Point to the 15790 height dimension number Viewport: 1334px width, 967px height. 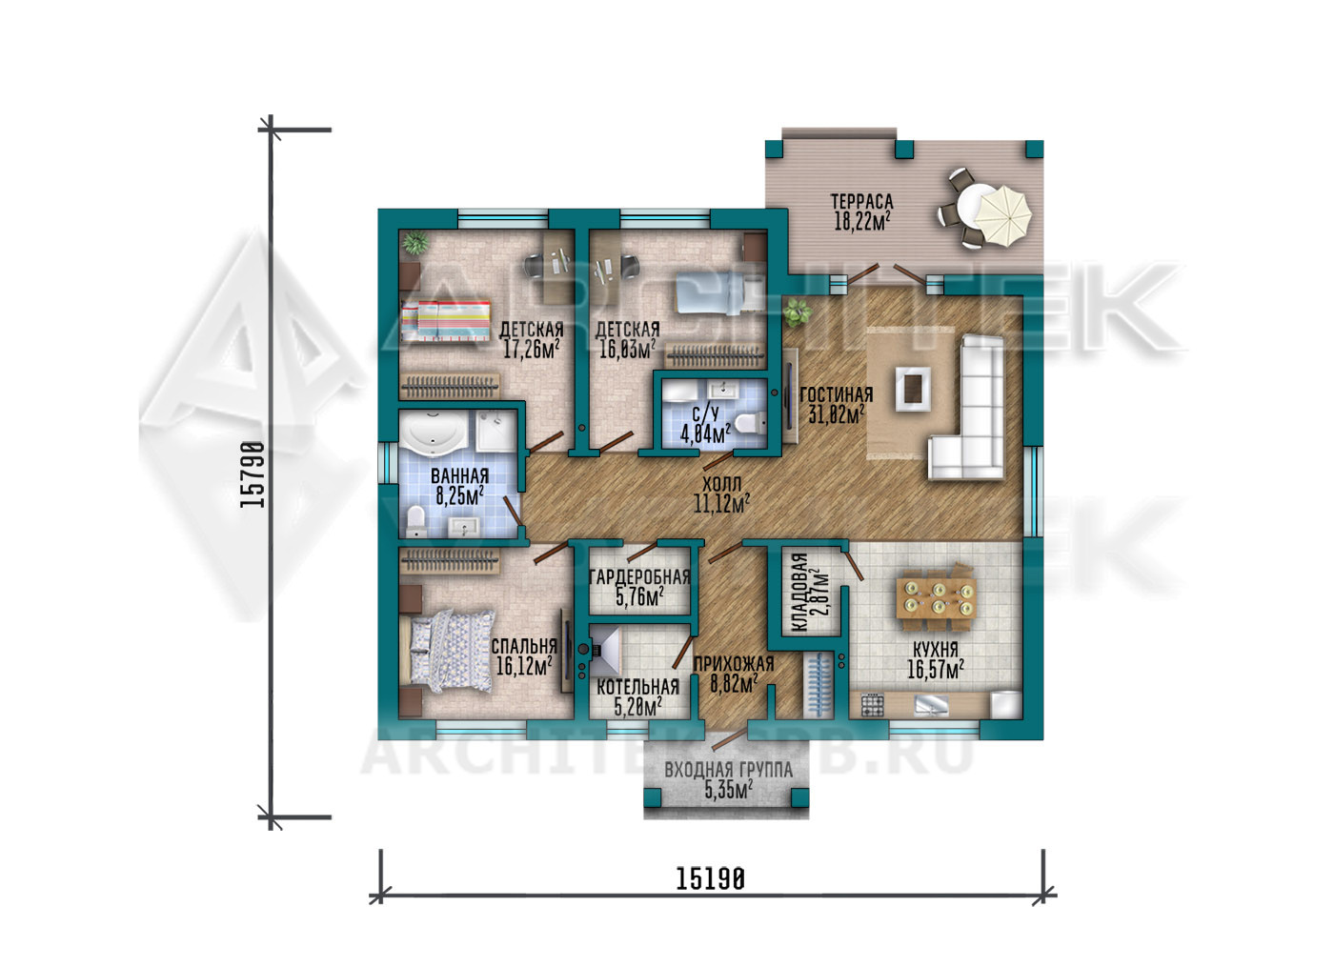252,474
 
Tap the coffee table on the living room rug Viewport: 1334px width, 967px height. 913,389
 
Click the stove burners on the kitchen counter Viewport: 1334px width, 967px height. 873,705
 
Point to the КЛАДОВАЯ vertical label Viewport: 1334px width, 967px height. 799,593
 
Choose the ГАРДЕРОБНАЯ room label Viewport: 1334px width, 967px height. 639,576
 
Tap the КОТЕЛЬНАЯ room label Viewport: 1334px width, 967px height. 637,687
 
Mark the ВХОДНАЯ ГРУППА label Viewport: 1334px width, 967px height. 728,770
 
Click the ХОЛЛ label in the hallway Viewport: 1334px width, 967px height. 722,483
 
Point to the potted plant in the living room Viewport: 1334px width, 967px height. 798,312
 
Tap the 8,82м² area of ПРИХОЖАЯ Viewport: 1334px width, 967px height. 734,684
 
